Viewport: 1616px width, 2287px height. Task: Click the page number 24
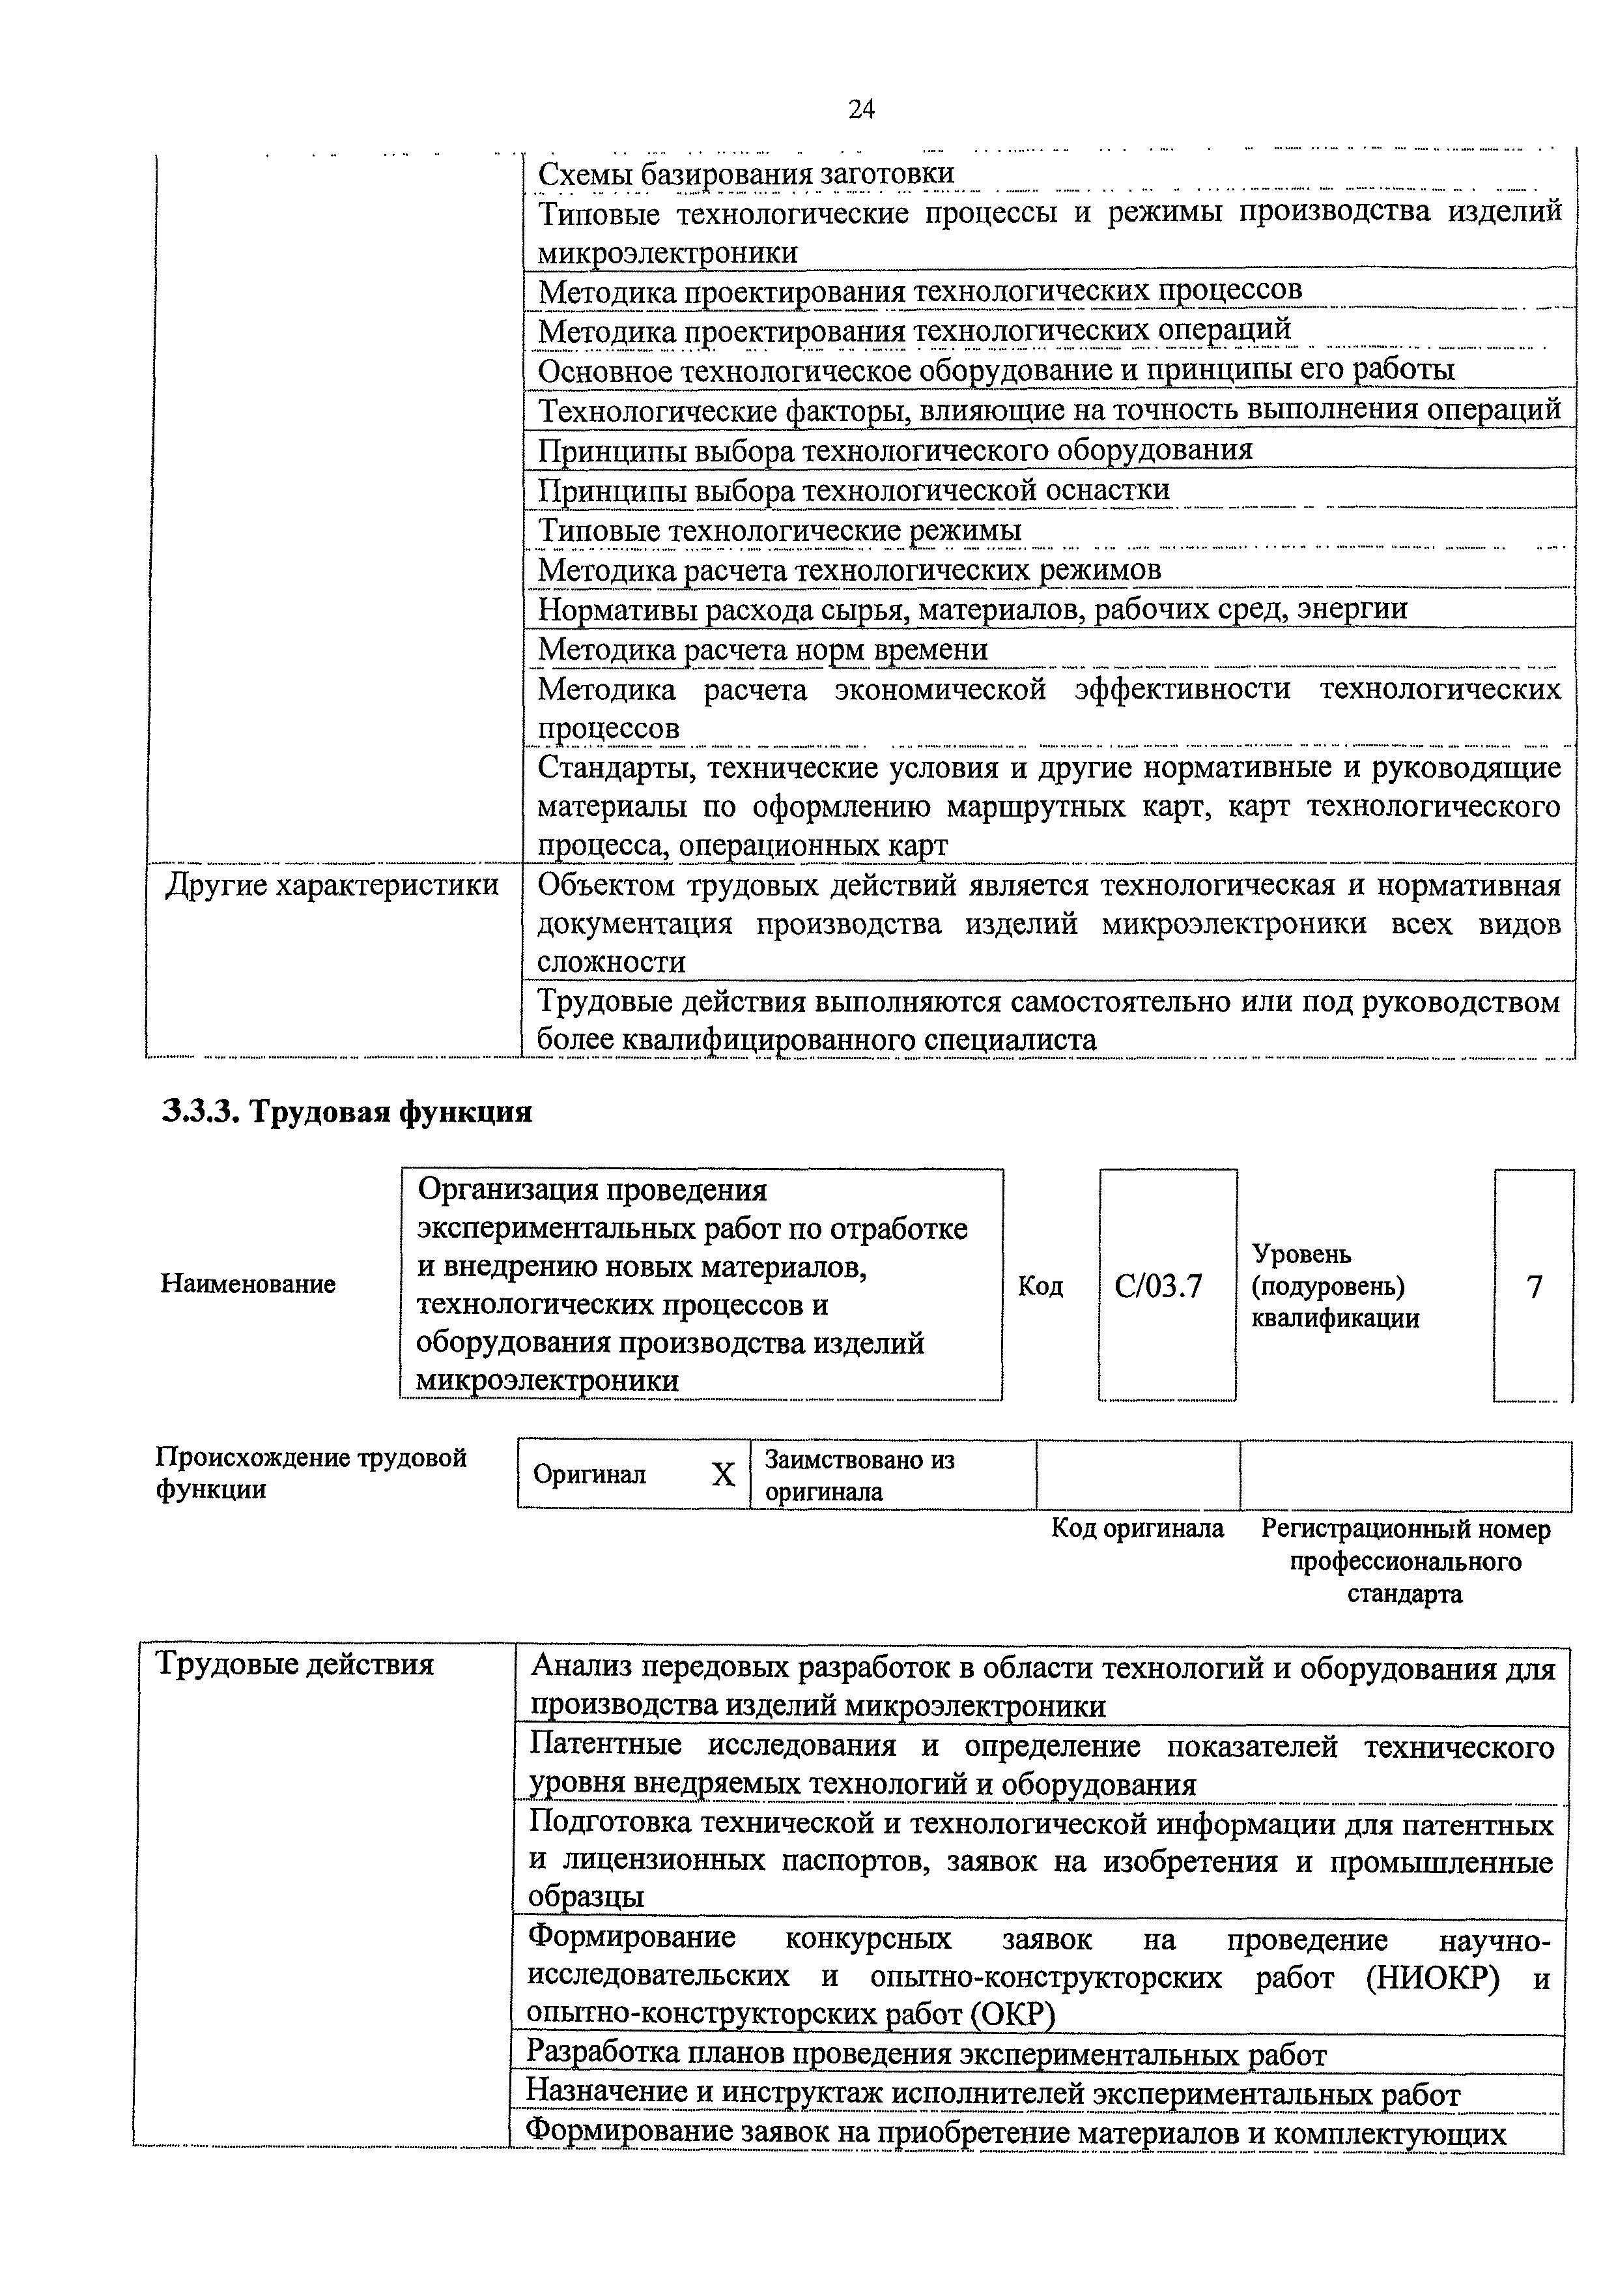861,109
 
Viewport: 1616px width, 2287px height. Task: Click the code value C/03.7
1158,1287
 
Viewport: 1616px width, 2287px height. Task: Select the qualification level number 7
1535,1287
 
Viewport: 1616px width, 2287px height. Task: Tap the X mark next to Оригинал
723,1474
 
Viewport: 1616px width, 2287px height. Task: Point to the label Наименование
248,1284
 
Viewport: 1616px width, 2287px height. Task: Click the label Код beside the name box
1040,1287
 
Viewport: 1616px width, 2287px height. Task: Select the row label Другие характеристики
332,884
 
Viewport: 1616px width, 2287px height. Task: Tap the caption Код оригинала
1137,1528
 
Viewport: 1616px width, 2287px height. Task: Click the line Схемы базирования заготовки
746,173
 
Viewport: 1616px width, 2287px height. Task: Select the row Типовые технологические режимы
780,530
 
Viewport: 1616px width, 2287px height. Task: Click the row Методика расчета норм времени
763,649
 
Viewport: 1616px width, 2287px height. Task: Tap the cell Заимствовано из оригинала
859,1475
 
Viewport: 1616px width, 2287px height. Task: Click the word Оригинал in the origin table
589,1474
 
